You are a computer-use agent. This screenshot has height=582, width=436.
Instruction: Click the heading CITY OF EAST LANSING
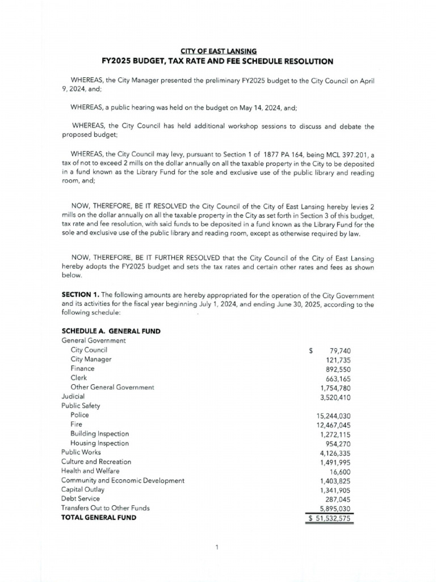coord(217,51)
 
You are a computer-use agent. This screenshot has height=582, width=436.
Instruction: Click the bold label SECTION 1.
coord(79,296)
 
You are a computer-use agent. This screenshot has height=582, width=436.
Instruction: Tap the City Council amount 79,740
coord(340,351)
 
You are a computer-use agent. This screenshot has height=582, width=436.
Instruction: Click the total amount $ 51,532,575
coord(329,518)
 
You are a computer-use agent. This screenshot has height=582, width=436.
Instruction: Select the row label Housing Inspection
coord(99,443)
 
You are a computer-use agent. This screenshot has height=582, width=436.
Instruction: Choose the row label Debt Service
coord(80,499)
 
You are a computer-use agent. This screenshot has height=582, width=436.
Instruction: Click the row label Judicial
coord(73,396)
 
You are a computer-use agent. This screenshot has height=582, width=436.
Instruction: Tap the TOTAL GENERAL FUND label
coord(98,518)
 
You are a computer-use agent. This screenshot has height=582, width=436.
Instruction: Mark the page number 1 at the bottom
coord(217,547)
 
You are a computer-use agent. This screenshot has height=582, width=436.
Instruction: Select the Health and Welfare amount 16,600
coord(340,472)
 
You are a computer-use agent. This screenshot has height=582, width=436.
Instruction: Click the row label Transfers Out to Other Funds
coord(105,508)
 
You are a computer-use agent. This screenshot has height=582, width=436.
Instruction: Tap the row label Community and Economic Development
coord(123,481)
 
